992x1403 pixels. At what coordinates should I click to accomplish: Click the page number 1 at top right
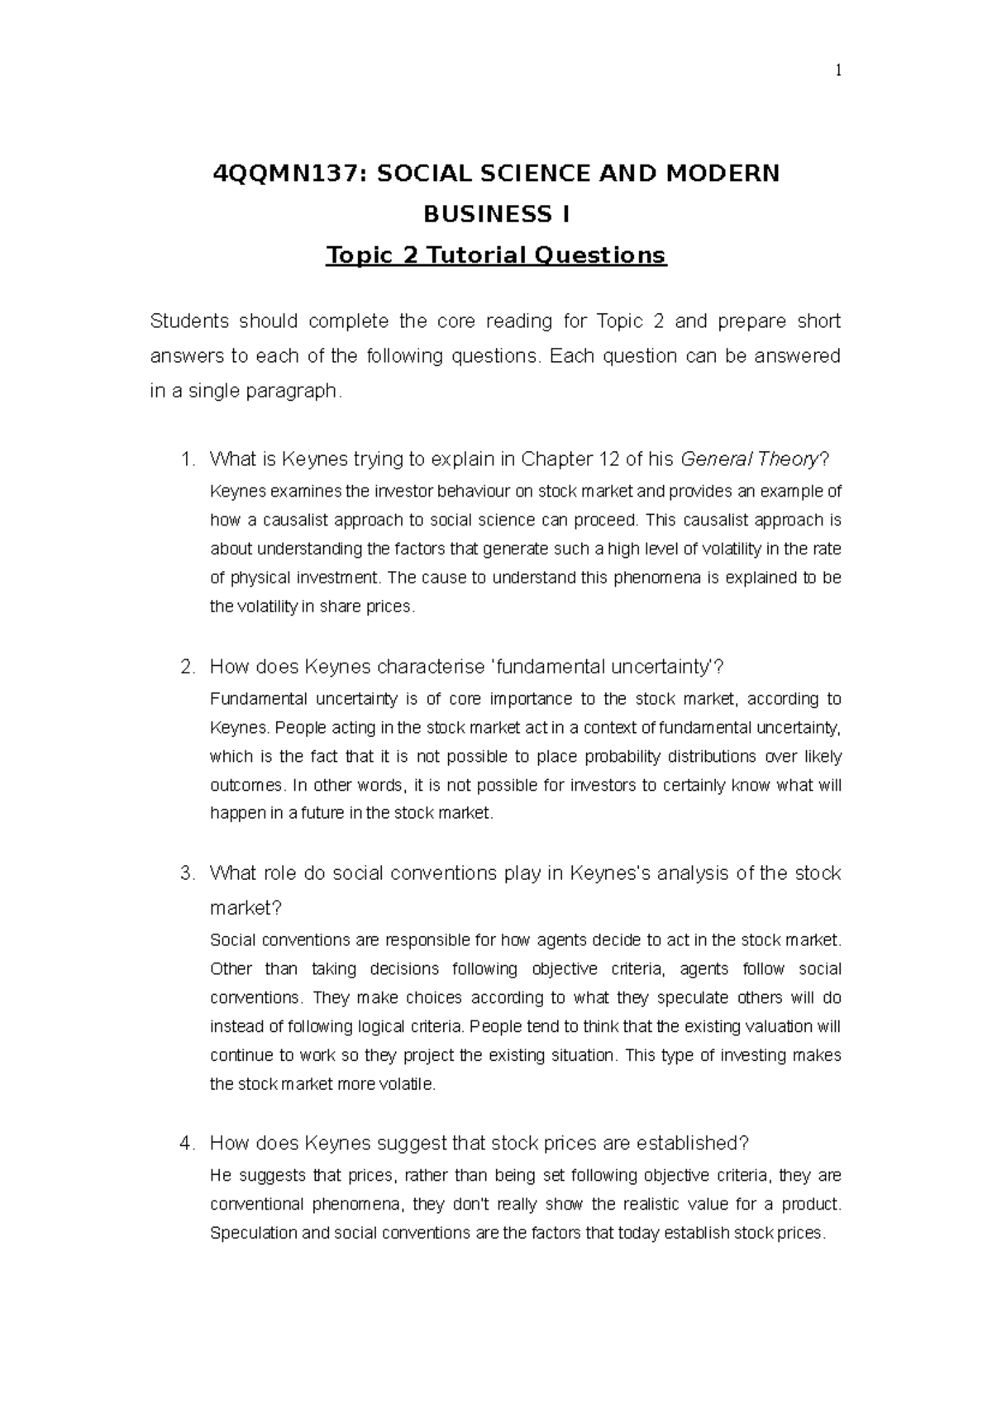coord(837,71)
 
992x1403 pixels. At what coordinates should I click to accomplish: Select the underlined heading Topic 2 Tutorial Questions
coord(496,255)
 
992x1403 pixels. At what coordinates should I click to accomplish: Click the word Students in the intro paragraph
coord(188,321)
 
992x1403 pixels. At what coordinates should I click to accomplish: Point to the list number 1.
coord(187,459)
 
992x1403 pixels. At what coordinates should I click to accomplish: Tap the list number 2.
coord(187,667)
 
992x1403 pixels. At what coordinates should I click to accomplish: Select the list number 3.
coord(187,873)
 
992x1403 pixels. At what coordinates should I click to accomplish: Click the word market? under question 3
coord(246,908)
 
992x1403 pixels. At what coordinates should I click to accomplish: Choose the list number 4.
coord(187,1144)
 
